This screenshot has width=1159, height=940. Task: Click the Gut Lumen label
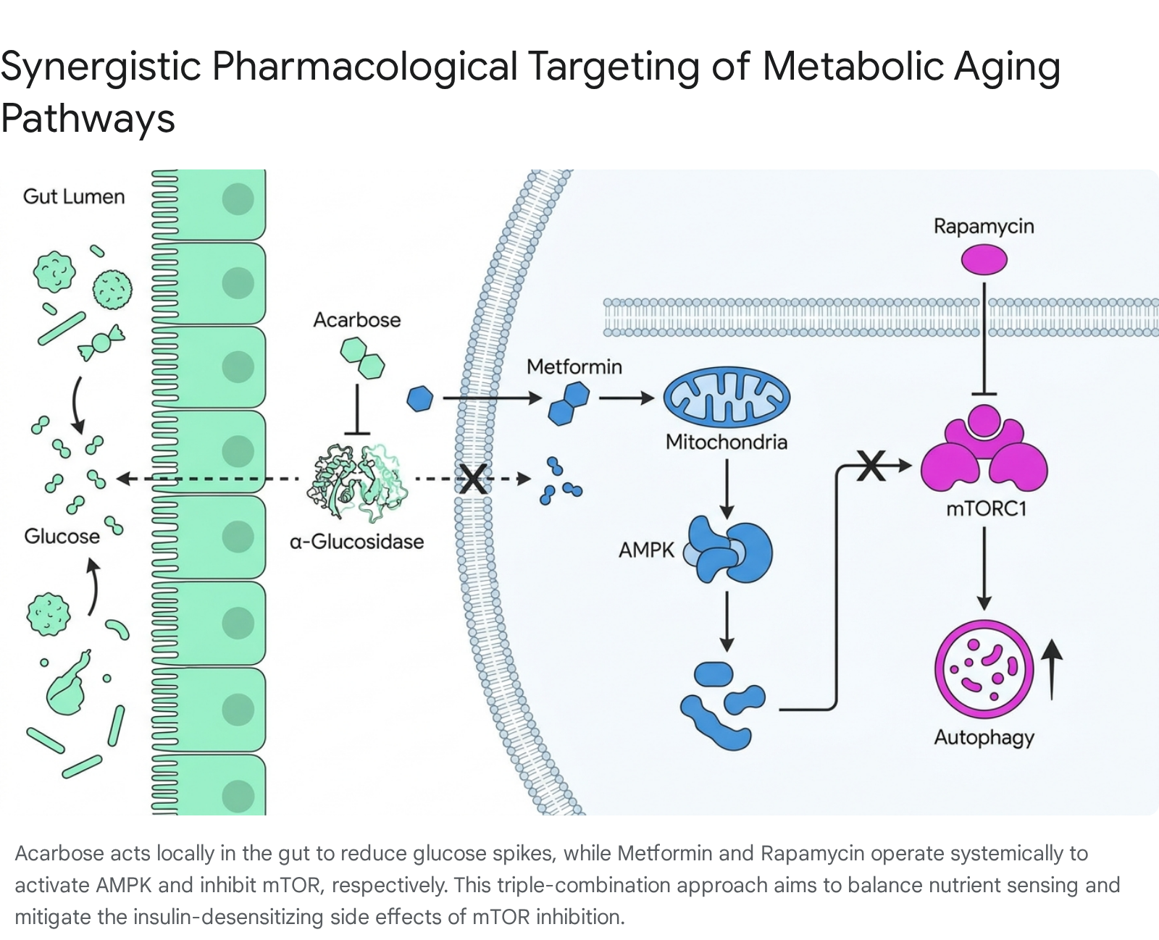(x=74, y=196)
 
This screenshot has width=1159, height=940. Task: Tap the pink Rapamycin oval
(x=984, y=259)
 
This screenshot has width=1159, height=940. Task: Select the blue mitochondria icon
(x=727, y=397)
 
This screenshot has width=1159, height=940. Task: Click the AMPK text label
(x=646, y=550)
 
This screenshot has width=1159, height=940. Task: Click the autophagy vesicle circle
(x=984, y=669)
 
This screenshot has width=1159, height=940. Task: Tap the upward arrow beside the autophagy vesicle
(x=1052, y=669)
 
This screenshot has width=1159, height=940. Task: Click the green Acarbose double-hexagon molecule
(x=362, y=358)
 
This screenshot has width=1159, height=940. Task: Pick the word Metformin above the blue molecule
(x=574, y=366)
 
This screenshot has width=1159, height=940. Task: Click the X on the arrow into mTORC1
(x=871, y=466)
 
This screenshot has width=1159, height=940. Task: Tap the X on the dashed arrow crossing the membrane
(x=473, y=479)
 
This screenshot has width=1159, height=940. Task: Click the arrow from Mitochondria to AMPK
(x=727, y=489)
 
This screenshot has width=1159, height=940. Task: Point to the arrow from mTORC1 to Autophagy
(x=984, y=568)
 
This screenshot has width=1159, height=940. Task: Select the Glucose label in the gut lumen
(x=62, y=537)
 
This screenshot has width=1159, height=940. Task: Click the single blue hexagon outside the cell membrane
(x=420, y=398)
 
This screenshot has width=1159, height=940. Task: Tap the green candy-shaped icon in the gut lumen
(x=101, y=343)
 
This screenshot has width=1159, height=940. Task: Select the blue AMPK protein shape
(x=727, y=550)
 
